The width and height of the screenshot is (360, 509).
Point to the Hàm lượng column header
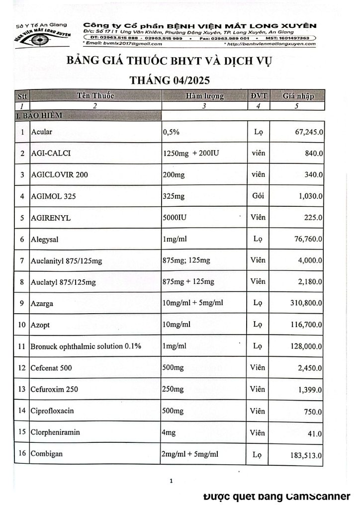[x=205, y=96]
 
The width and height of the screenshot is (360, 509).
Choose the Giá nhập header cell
[x=297, y=96]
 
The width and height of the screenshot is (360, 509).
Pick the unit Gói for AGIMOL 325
[x=258, y=196]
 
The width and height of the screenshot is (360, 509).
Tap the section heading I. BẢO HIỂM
[x=39, y=115]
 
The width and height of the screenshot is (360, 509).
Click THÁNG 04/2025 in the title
[x=169, y=80]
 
